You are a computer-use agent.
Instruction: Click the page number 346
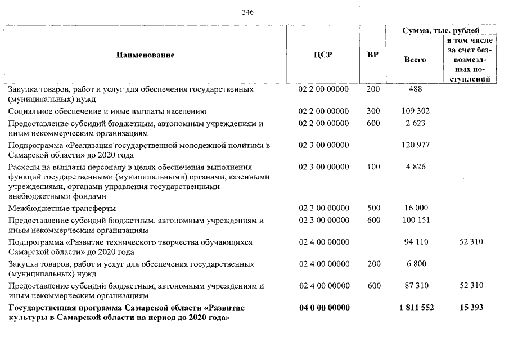click(249, 12)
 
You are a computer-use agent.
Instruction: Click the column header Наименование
click(146, 55)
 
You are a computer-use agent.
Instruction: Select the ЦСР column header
click(323, 55)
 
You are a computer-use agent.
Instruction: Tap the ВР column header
click(372, 55)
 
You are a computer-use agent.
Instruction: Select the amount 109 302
click(416, 111)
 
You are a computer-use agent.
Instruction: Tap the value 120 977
click(416, 145)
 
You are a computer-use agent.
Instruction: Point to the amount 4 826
click(416, 166)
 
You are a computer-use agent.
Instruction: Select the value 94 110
click(416, 242)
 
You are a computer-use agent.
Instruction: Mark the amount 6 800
click(416, 264)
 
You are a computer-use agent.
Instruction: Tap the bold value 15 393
click(471, 308)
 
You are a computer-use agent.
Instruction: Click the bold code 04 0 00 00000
click(323, 308)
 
